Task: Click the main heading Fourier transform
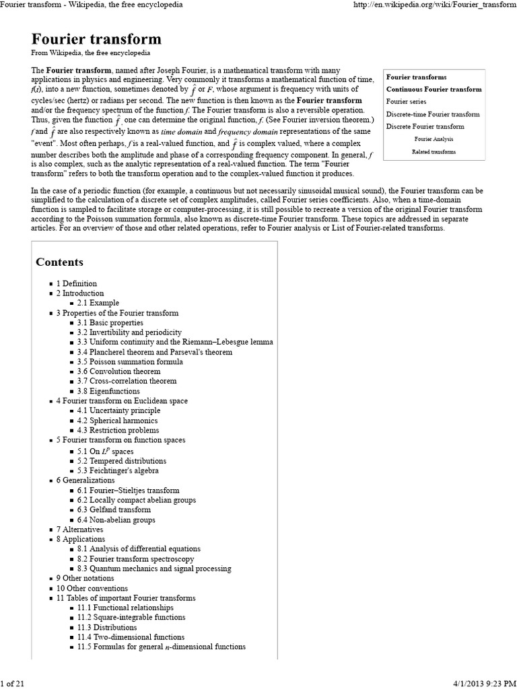[x=96, y=39]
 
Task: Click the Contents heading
[x=60, y=262]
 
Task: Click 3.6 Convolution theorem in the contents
[x=118, y=371]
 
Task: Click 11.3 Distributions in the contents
[x=107, y=627]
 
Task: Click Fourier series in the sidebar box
[x=406, y=102]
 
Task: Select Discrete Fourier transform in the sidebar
[x=425, y=126]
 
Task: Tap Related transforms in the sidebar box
[x=434, y=151]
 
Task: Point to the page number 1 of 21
[x=13, y=684]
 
